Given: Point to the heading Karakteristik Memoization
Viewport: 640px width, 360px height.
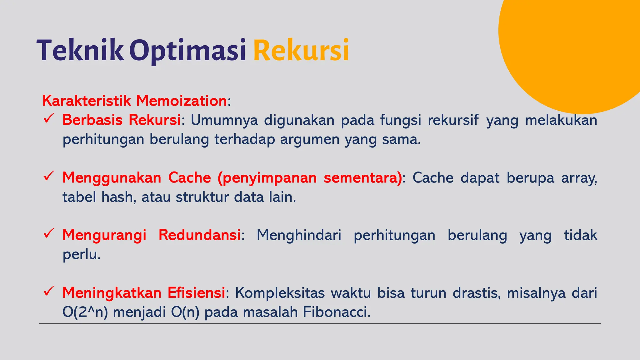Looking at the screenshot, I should tap(135, 101).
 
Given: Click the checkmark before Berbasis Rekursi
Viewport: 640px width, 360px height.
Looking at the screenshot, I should tap(49, 119).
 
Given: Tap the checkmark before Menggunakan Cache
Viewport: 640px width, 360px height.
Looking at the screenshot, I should tap(49, 177).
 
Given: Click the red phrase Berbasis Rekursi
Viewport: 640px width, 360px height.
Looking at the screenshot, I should tap(122, 120).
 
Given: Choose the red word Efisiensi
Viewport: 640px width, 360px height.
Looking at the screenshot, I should tap(196, 293).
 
